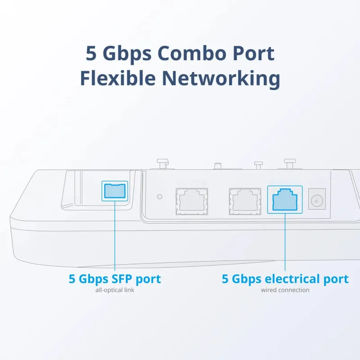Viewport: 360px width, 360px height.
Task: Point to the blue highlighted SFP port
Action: tap(115, 191)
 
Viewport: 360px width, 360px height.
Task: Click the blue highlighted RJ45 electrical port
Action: tap(285, 199)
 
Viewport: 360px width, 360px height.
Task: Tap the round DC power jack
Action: tap(317, 199)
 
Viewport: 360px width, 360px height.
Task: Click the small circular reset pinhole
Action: tap(159, 196)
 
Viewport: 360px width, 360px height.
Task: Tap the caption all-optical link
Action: tap(115, 290)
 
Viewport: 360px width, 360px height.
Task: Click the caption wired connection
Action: tap(285, 290)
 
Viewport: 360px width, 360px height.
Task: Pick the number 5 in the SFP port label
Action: tap(72, 279)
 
